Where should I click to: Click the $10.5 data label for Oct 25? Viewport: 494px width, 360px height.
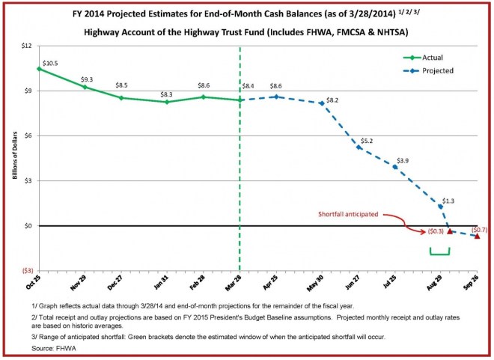pos(51,63)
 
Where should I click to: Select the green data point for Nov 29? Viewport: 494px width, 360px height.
pos(85,87)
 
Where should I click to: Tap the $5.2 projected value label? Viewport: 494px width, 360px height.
pos(367,141)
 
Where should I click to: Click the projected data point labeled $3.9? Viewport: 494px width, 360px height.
pos(395,167)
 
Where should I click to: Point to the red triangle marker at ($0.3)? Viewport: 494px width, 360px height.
pos(450,231)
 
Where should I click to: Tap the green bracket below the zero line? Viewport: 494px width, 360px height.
pos(439,253)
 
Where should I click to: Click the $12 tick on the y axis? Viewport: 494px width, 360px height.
pos(25,46)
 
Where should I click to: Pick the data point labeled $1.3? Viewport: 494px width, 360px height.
pos(440,206)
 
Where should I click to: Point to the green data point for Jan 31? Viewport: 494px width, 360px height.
pos(167,102)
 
